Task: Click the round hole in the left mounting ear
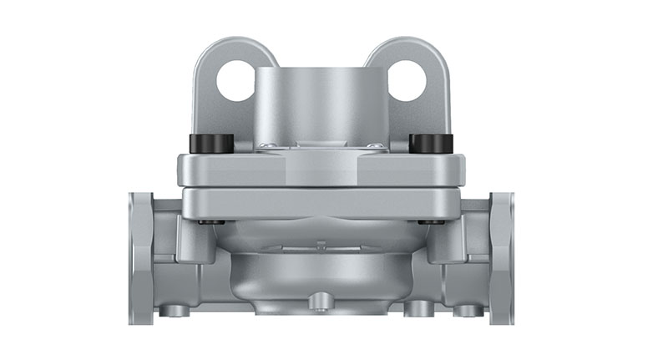click(x=235, y=82)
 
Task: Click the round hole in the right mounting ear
click(x=407, y=82)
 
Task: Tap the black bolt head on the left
click(x=212, y=144)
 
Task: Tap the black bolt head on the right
click(x=431, y=144)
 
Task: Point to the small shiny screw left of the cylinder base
click(x=266, y=146)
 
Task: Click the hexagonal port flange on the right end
click(x=502, y=257)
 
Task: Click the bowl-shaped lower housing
click(x=321, y=271)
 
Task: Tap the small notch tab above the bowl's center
click(x=321, y=246)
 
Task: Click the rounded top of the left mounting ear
click(x=226, y=46)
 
